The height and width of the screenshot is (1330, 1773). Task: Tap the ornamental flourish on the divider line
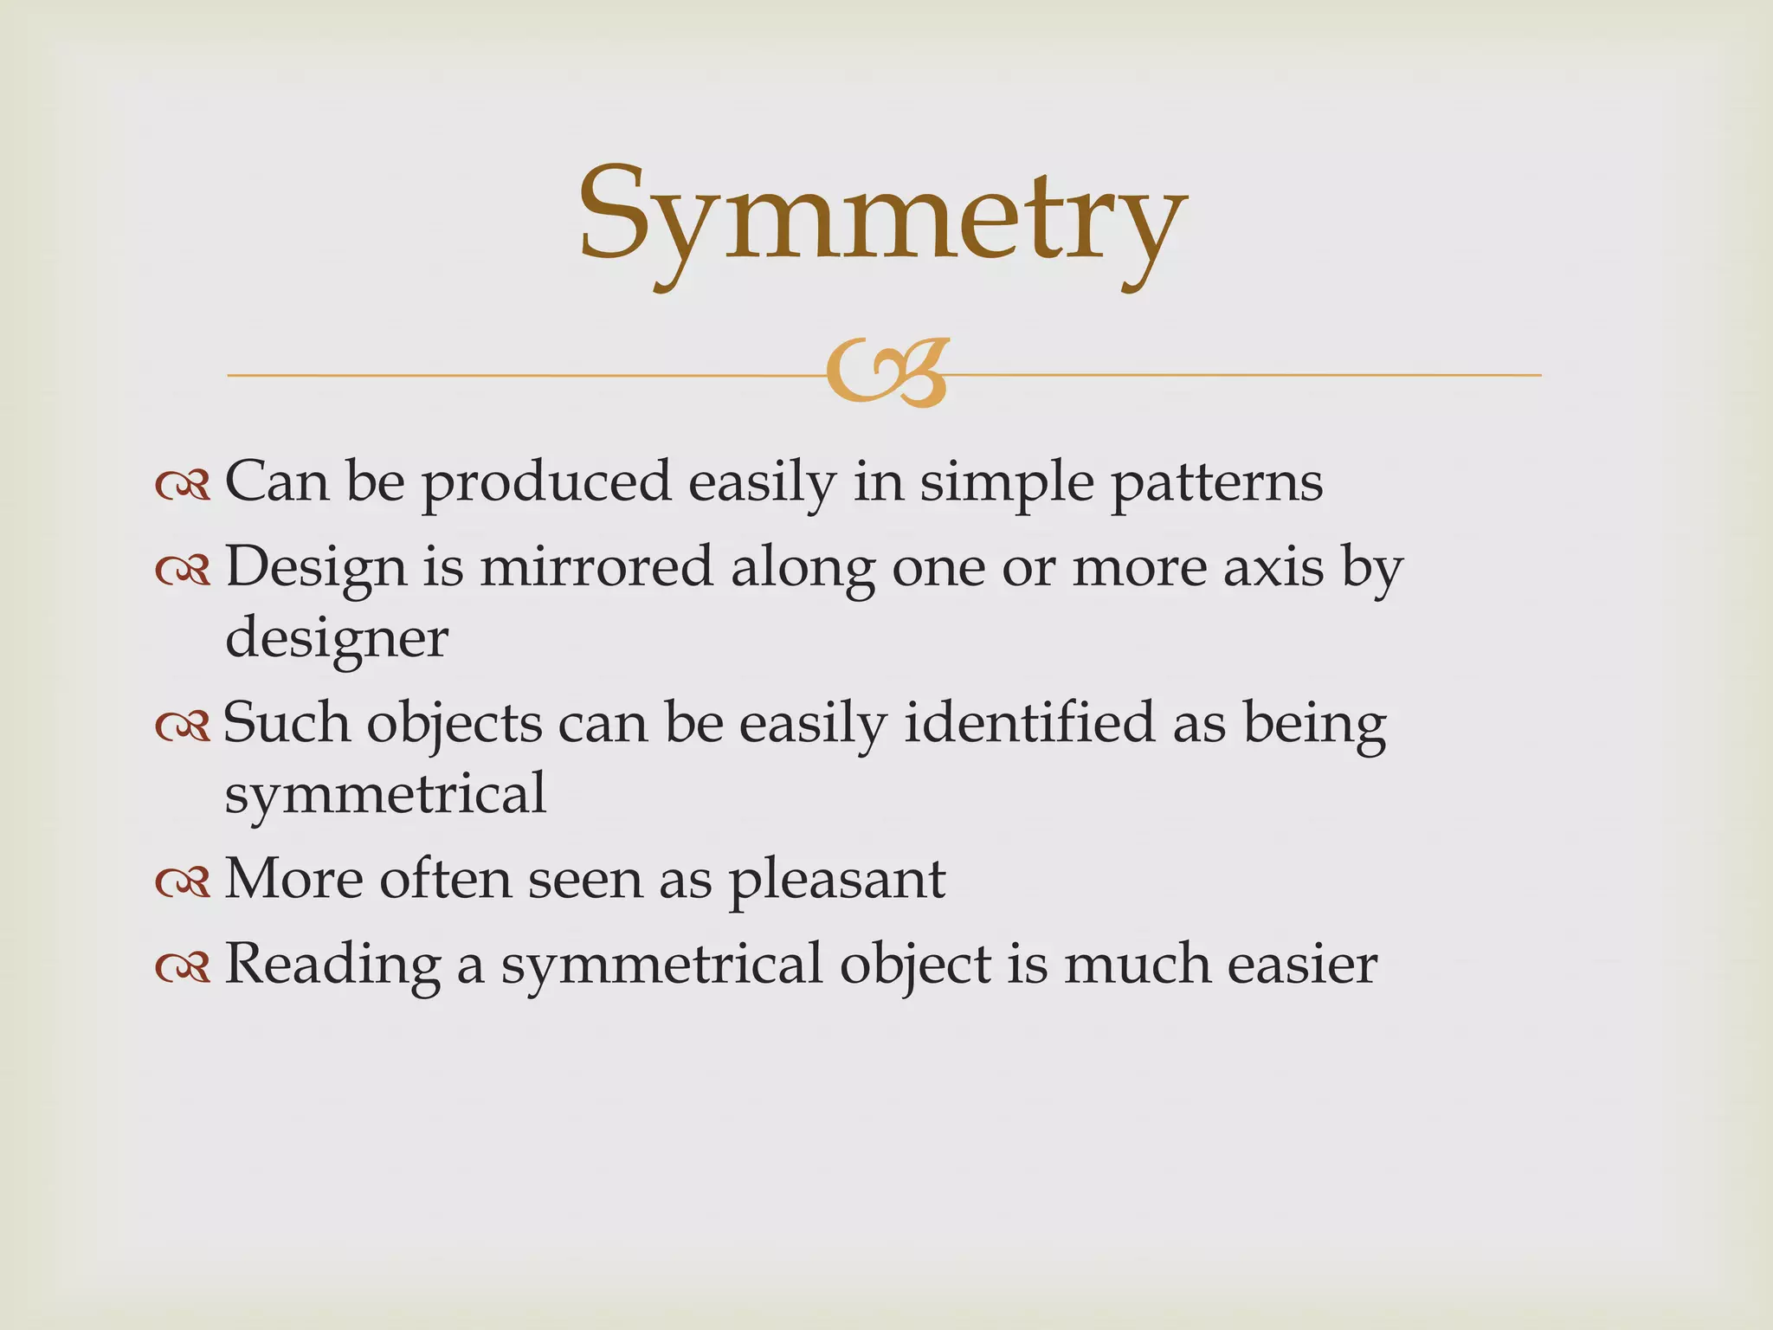[886, 374]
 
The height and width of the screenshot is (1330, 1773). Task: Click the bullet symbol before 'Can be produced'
[183, 485]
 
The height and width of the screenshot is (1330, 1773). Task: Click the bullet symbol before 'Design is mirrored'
[183, 570]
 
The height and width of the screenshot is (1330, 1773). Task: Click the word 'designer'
[337, 639]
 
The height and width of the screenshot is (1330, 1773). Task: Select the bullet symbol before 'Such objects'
[183, 726]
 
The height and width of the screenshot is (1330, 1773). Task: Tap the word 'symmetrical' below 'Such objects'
[385, 793]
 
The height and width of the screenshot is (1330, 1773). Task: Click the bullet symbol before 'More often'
[183, 881]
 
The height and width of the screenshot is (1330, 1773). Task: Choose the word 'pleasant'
[837, 880]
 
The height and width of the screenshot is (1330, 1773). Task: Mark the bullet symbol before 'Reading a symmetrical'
[183, 966]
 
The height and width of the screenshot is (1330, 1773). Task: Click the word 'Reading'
[332, 965]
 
